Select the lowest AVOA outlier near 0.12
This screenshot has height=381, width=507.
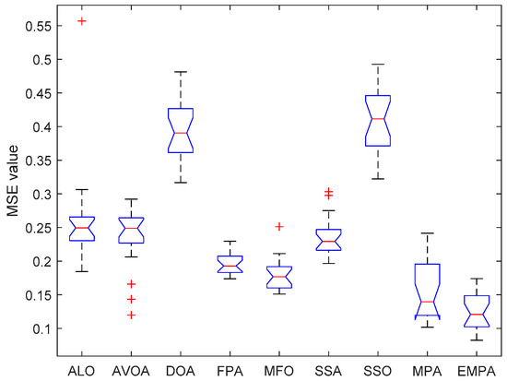tap(132, 315)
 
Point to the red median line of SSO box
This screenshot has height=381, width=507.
tap(378, 118)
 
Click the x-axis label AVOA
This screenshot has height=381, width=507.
tap(131, 369)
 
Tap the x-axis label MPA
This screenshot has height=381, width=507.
tap(427, 369)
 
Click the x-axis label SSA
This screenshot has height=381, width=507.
tap(328, 369)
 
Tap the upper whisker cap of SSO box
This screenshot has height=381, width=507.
tap(378, 65)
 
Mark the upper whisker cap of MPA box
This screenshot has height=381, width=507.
tap(427, 233)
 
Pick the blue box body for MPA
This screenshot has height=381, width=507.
tap(427, 291)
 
